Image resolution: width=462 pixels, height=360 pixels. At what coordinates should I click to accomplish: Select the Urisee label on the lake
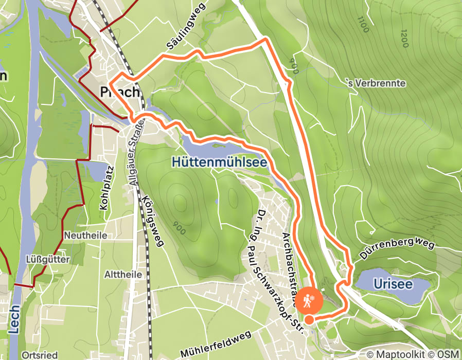(393, 284)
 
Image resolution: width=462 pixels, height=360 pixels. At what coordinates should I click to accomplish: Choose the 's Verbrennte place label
(377, 83)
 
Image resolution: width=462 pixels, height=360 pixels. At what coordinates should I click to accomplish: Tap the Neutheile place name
(85, 235)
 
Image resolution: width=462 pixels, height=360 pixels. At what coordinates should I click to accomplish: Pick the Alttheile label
(123, 275)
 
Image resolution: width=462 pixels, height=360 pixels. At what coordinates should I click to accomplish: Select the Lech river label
(14, 318)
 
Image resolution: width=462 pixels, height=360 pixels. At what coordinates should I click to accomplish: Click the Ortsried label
(40, 355)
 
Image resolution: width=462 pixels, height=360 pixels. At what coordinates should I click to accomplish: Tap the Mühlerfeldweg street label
(216, 345)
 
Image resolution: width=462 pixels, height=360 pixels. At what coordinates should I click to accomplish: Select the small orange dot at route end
(309, 320)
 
